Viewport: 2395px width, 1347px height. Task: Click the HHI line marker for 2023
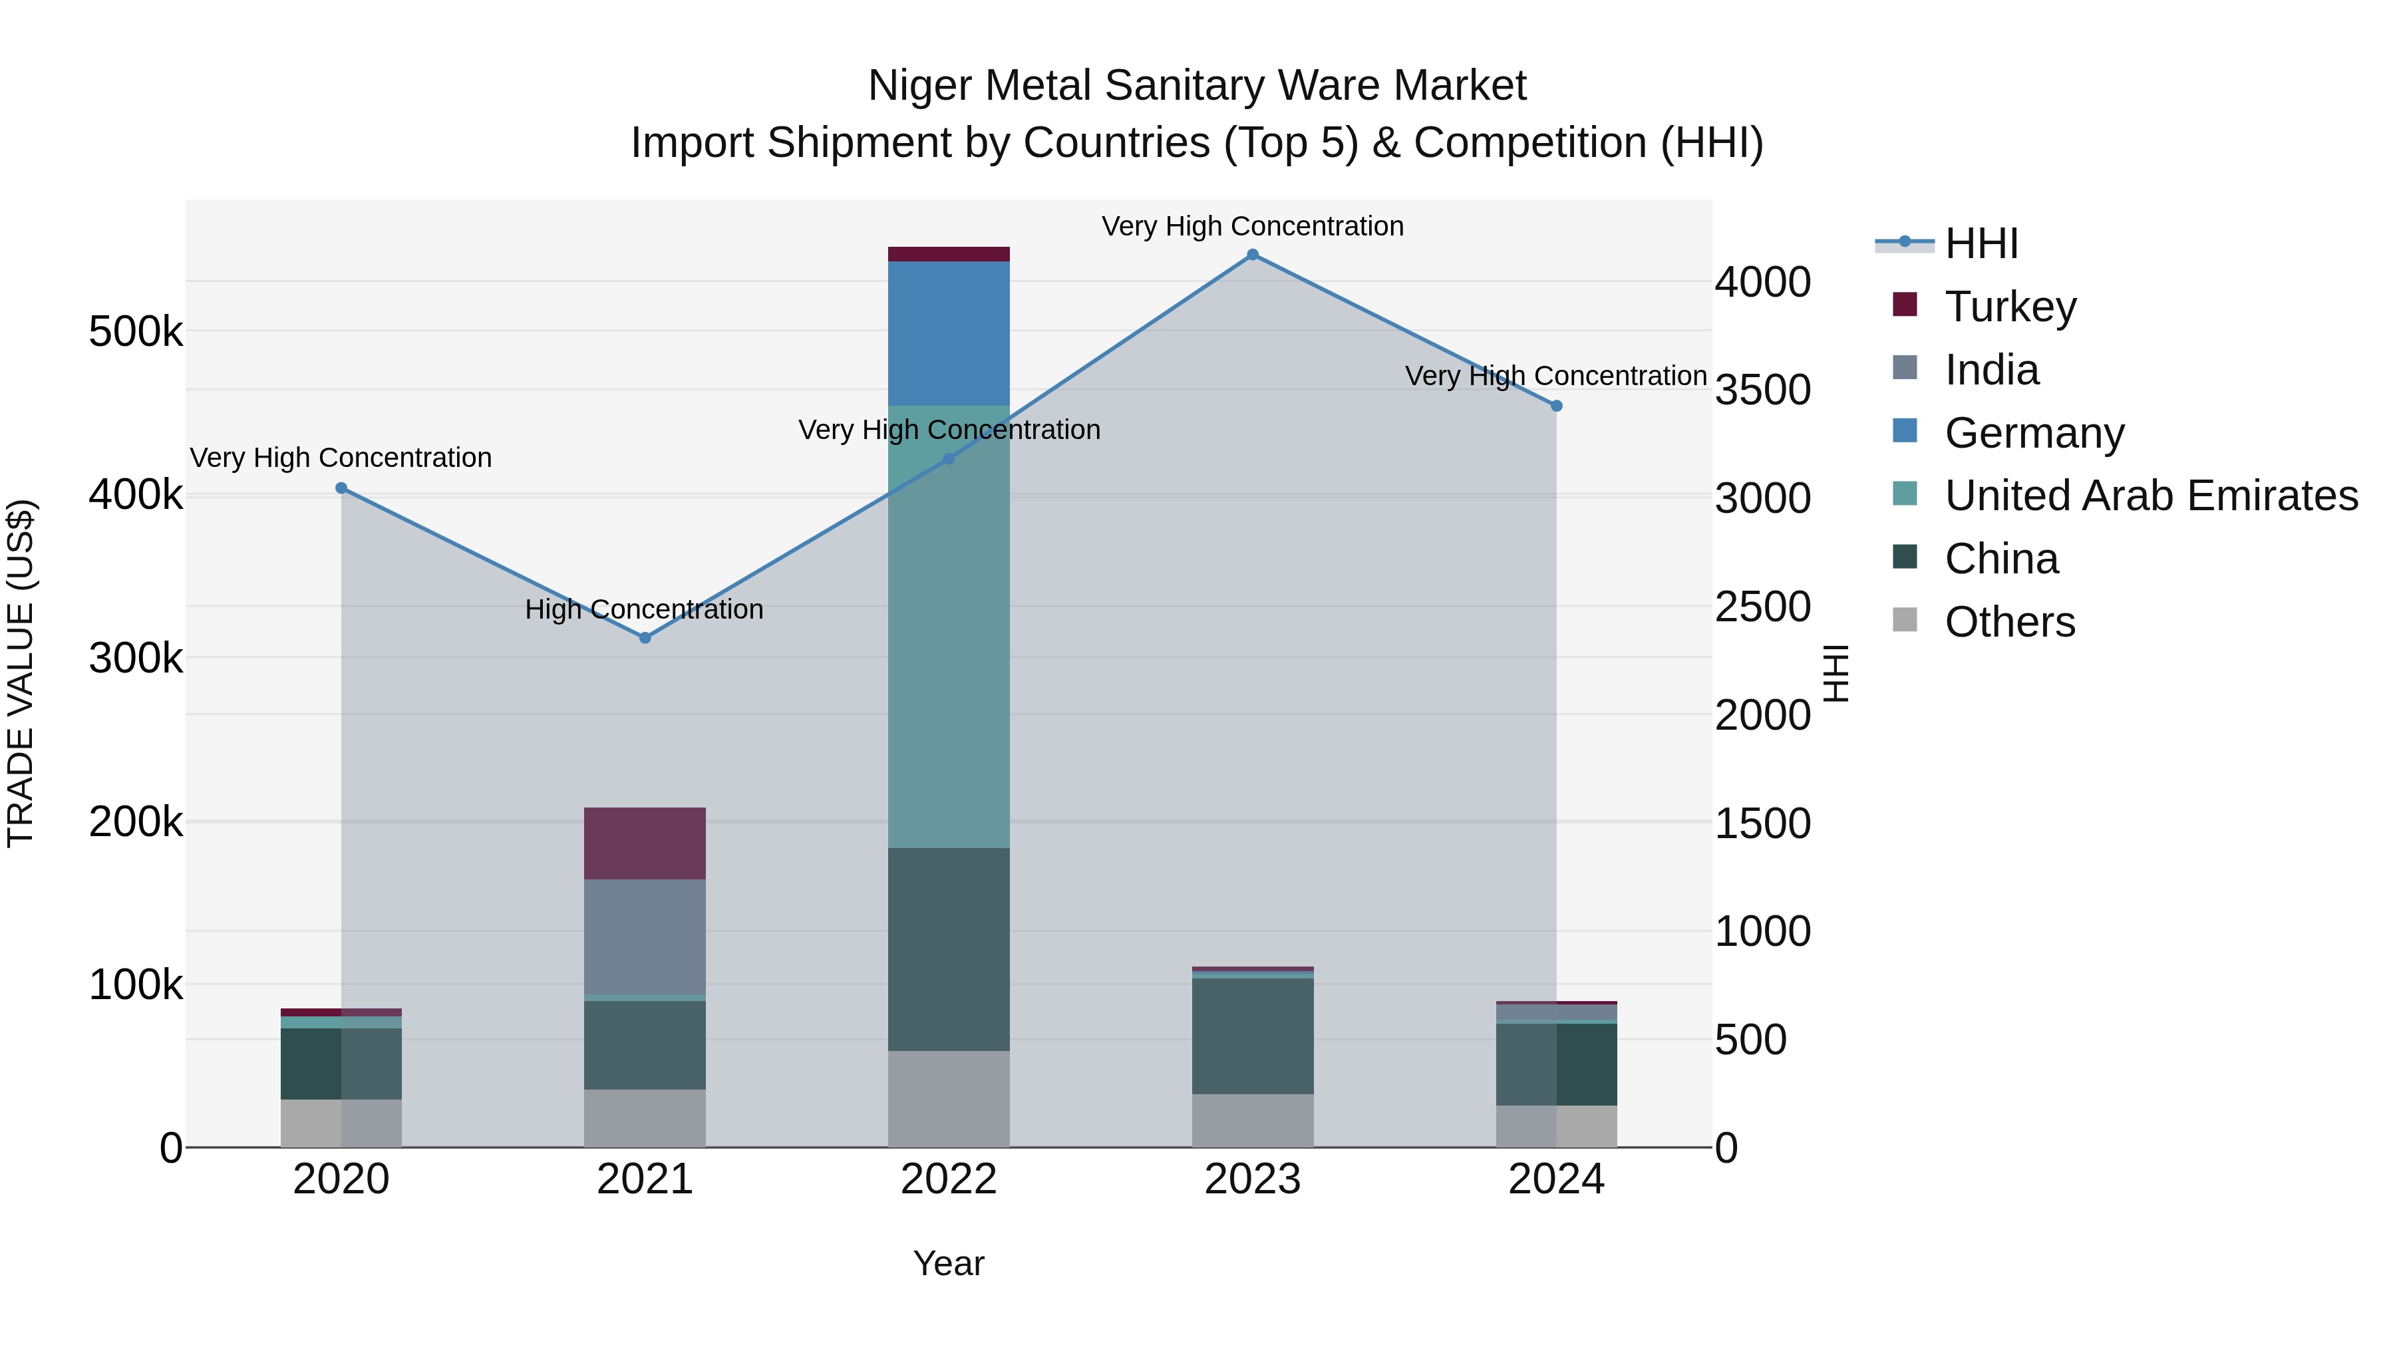click(x=1252, y=255)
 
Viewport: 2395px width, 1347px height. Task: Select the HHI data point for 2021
click(x=645, y=638)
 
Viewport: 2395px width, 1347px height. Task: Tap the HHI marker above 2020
click(x=341, y=488)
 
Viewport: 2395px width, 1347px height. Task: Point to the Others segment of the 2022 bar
click(x=948, y=1099)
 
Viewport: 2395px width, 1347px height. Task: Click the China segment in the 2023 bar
click(x=1252, y=1036)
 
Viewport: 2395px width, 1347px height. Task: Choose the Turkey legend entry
click(x=2009, y=307)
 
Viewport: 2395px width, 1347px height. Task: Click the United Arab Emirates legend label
click(x=2150, y=496)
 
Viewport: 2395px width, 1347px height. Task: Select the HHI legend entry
click(x=1981, y=243)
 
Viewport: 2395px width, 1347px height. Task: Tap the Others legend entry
click(x=2009, y=622)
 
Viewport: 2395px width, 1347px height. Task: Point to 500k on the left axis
click(x=136, y=332)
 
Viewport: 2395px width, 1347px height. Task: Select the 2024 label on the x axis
click(x=1555, y=1179)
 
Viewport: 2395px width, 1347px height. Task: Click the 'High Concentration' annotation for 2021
click(x=644, y=610)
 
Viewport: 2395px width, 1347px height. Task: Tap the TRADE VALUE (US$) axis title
click(x=21, y=673)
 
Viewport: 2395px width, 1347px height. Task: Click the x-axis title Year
click(x=948, y=1263)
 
